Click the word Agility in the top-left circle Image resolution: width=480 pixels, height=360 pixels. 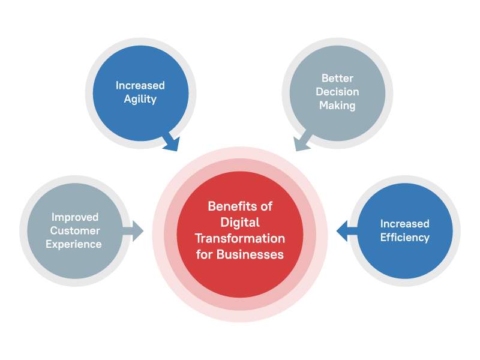point(140,100)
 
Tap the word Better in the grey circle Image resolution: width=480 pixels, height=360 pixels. point(337,79)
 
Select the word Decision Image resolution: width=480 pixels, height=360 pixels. point(337,92)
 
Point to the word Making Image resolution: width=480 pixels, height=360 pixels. point(337,106)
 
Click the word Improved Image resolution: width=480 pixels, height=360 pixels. point(75,217)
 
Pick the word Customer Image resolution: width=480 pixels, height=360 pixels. point(75,230)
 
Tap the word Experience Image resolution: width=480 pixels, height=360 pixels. point(75,244)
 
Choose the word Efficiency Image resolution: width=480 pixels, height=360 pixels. point(405,237)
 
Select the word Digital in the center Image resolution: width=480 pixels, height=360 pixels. point(240,223)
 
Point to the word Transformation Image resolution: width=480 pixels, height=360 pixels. point(240,238)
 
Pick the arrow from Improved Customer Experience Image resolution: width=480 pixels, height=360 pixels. point(134,230)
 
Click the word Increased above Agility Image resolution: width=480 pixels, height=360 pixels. point(140,86)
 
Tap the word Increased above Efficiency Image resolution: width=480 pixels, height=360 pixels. point(405,224)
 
